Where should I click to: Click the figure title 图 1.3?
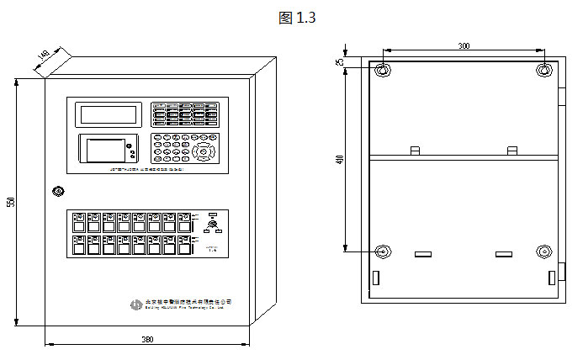[x=295, y=17]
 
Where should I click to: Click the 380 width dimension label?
[x=147, y=340]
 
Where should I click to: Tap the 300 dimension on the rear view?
[x=464, y=45]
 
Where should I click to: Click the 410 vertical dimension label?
[x=341, y=159]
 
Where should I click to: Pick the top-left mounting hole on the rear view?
[x=383, y=71]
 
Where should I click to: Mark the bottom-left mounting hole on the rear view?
[x=383, y=251]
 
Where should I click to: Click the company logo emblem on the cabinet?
[x=136, y=304]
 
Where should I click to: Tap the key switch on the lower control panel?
[x=212, y=227]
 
